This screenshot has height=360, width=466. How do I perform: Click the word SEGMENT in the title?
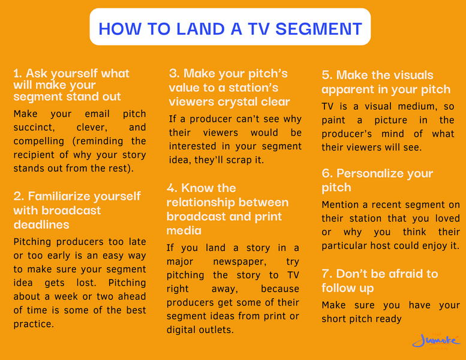click(x=318, y=29)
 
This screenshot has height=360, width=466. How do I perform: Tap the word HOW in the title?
click(x=120, y=29)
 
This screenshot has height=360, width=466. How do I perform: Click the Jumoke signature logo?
click(x=436, y=341)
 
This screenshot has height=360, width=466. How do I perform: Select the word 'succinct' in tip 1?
click(x=34, y=128)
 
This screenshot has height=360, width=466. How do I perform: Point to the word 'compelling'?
click(x=38, y=141)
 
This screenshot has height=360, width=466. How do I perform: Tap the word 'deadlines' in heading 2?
click(x=41, y=225)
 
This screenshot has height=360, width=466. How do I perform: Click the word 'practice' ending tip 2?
click(x=34, y=324)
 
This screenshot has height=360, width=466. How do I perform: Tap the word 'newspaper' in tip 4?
click(x=239, y=262)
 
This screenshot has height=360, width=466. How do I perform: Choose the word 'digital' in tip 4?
click(x=182, y=330)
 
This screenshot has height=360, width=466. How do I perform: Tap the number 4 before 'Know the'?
click(x=172, y=188)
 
